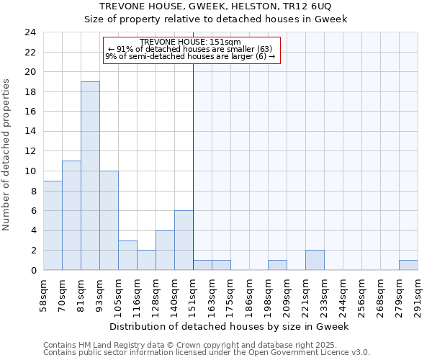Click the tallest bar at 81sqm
click(x=90, y=176)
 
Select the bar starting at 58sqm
click(x=53, y=225)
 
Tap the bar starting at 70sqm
click(x=71, y=215)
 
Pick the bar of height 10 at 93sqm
click(x=109, y=220)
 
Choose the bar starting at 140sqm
click(x=184, y=240)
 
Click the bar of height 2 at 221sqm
click(x=315, y=260)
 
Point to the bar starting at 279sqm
click(x=408, y=265)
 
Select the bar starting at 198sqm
click(x=277, y=265)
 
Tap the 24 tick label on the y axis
click(x=30, y=32)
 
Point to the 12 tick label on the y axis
click(x=30, y=151)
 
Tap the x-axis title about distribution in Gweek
click(x=230, y=326)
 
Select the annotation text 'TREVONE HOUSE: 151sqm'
click(x=191, y=42)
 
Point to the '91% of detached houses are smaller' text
click(x=191, y=49)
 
